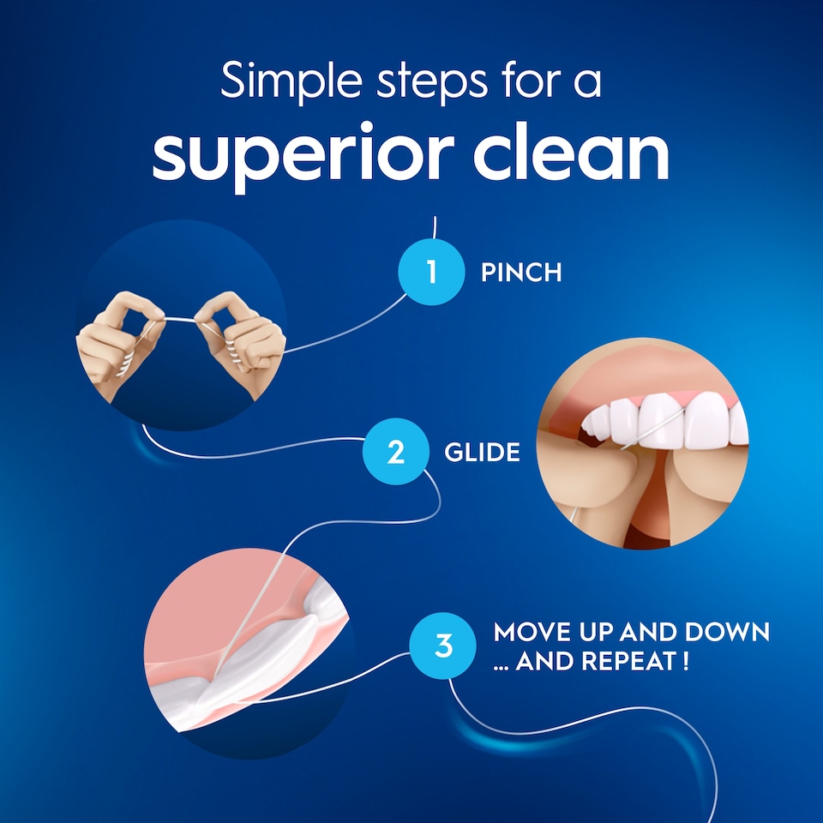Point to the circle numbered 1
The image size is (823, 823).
click(431, 273)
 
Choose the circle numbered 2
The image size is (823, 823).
click(395, 452)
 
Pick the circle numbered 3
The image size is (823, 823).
click(443, 646)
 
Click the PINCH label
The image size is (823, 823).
click(521, 273)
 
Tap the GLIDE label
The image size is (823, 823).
click(482, 453)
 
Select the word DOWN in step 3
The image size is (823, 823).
click(728, 634)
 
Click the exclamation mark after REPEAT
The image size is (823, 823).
click(685, 663)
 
